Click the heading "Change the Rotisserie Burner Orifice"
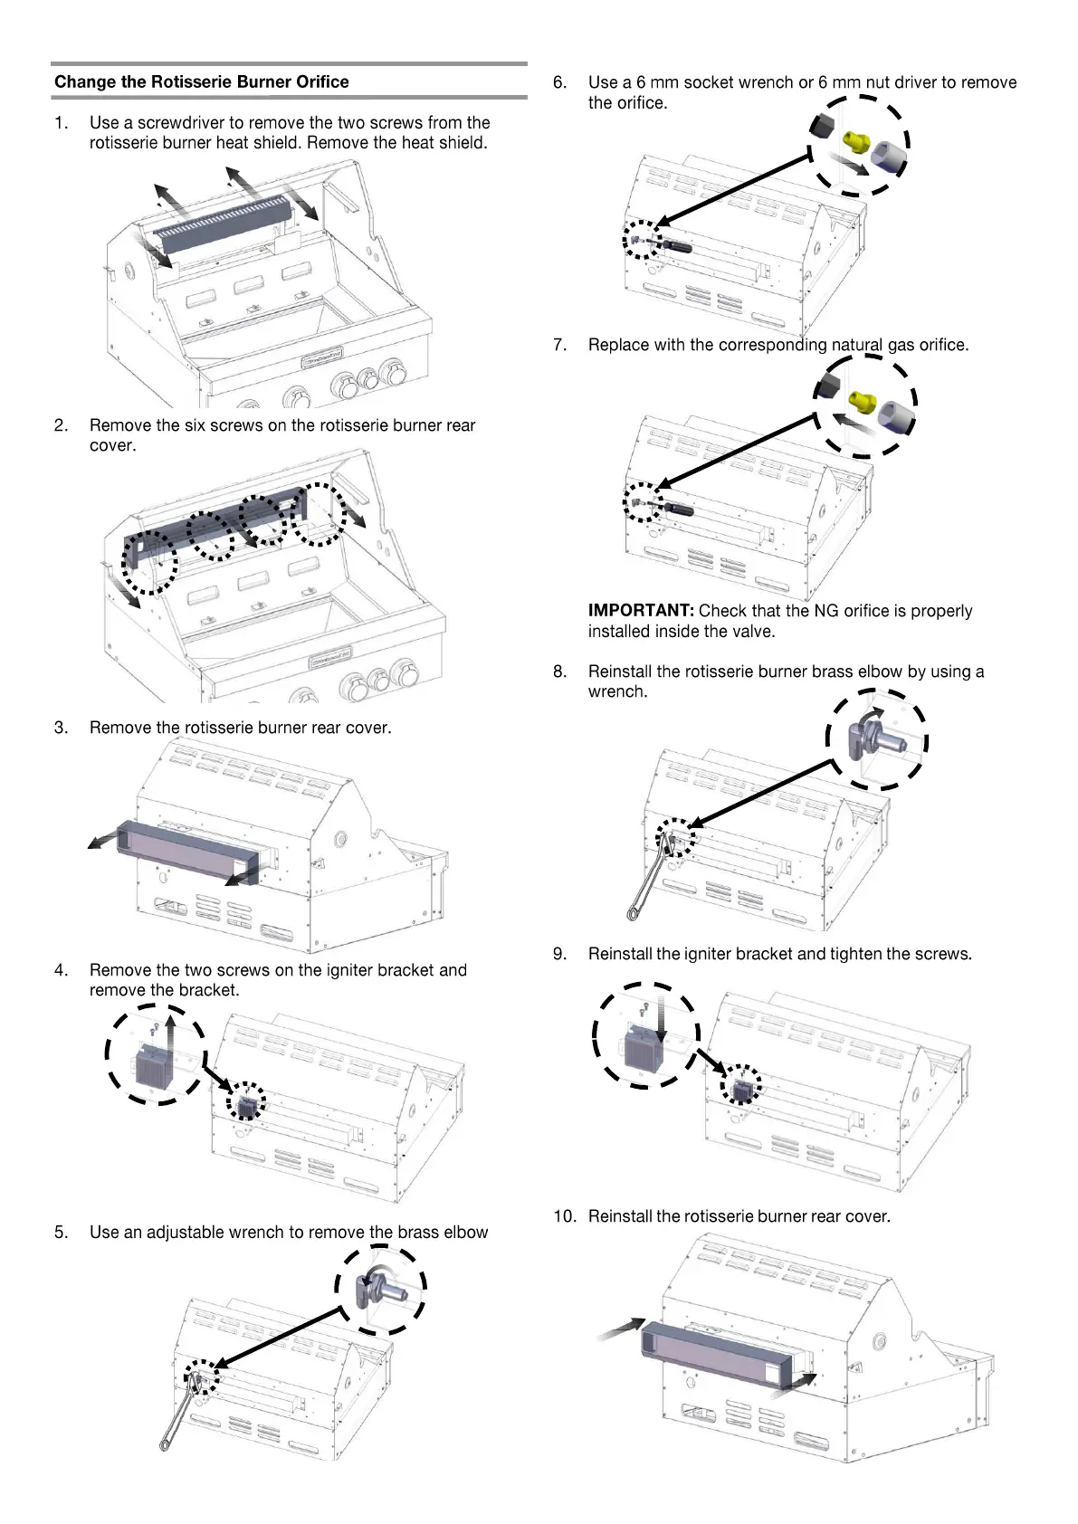[x=201, y=81]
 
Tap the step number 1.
[x=60, y=122]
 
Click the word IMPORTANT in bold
[x=641, y=611]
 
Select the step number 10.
[x=564, y=1216]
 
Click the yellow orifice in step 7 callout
[x=863, y=401]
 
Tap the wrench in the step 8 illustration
[x=649, y=878]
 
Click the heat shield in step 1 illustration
[x=223, y=223]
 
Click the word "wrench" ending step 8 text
[x=616, y=691]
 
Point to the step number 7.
[x=559, y=345]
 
